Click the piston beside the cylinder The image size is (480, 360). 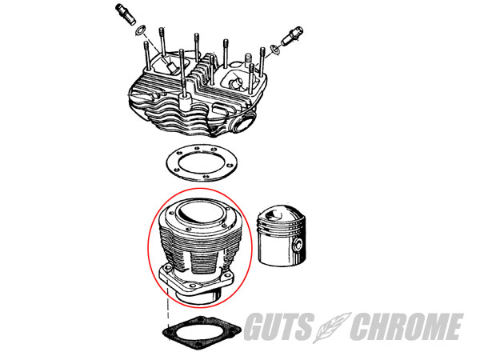coord(282,235)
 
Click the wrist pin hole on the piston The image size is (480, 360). coord(298,246)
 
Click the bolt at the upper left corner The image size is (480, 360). coord(126,14)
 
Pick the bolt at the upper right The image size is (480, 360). coord(292,36)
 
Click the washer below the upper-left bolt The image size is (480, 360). coord(141,30)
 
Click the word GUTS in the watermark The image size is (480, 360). coord(278,326)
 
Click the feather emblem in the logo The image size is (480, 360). coord(331,327)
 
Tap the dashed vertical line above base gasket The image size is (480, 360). coord(167,313)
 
